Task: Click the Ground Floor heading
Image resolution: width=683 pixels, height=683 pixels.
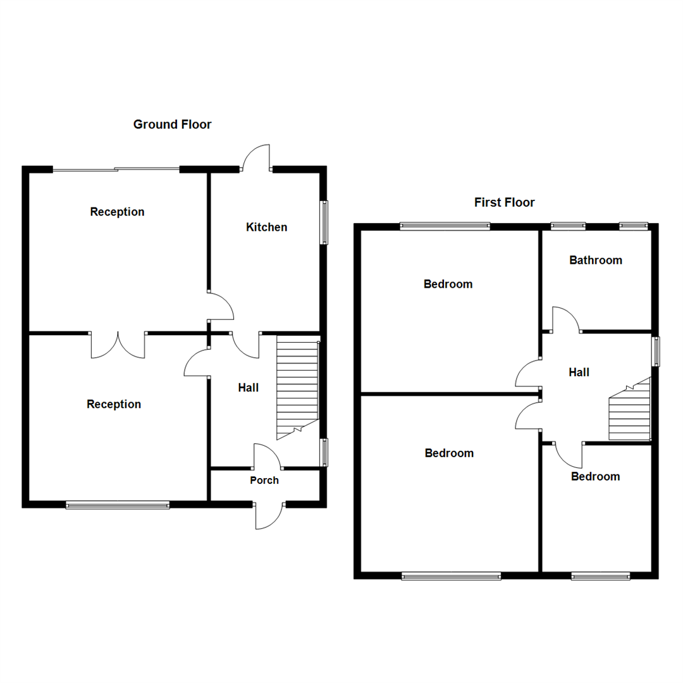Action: (x=172, y=125)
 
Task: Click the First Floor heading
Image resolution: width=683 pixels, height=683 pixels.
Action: (x=504, y=202)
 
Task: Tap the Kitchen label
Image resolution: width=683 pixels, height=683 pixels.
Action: (x=266, y=227)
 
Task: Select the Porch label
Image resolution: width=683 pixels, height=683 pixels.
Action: (x=264, y=480)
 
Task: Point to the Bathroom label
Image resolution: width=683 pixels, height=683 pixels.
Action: (x=595, y=260)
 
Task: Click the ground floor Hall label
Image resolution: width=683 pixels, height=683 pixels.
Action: (x=248, y=388)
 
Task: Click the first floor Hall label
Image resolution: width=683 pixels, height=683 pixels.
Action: (x=579, y=372)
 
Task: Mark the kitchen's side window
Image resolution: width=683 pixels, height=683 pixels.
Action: (x=324, y=222)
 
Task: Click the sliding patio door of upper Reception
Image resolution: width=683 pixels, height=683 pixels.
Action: (x=116, y=169)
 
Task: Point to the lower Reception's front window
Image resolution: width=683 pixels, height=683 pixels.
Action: (x=118, y=505)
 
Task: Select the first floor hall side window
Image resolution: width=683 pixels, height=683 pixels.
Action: (x=656, y=351)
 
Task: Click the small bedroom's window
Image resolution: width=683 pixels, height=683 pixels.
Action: (x=600, y=575)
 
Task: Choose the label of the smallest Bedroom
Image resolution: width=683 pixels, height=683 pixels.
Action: (x=595, y=476)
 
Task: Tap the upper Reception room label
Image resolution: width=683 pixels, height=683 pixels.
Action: (x=117, y=212)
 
